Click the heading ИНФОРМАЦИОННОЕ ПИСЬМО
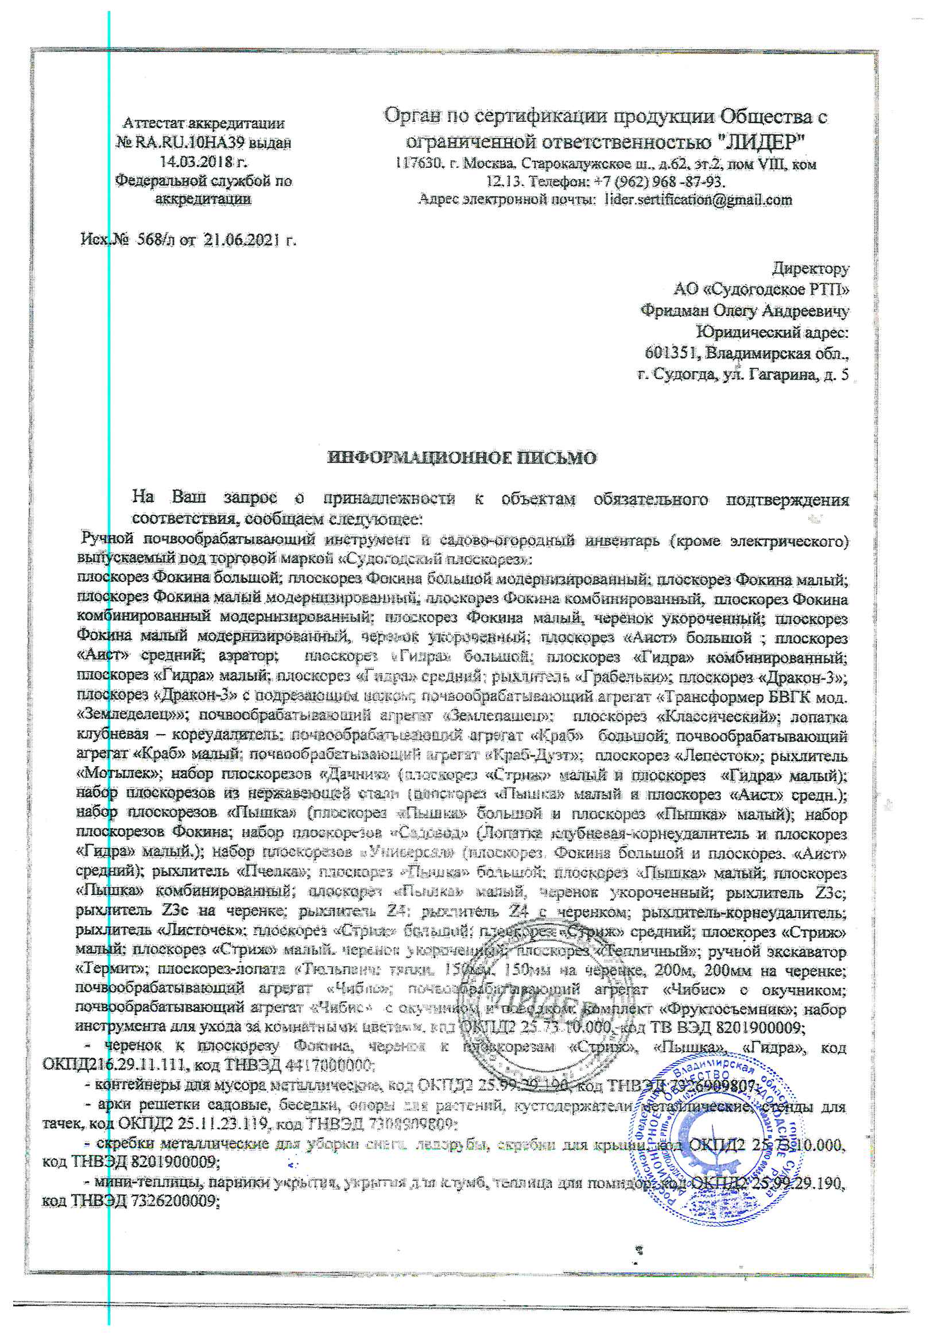click(x=462, y=457)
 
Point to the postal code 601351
click(x=672, y=353)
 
